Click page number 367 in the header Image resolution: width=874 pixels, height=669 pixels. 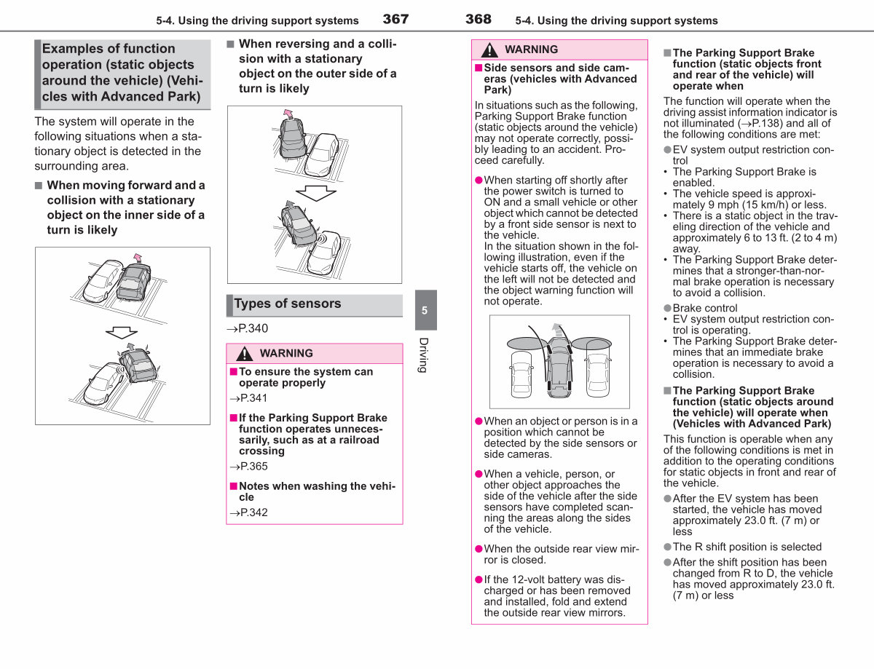[395, 19]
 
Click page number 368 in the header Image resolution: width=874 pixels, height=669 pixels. [479, 19]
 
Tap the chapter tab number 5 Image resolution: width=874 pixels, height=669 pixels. [425, 310]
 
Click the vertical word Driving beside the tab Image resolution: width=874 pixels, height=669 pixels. [424, 355]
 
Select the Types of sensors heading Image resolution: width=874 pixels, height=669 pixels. [287, 304]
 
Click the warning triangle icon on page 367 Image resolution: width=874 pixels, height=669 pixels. [244, 354]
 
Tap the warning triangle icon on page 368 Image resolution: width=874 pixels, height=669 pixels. [489, 50]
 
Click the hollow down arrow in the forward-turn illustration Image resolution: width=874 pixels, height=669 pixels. [122, 332]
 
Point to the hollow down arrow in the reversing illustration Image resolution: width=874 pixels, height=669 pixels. [316, 193]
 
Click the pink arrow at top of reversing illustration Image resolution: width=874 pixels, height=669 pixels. [288, 114]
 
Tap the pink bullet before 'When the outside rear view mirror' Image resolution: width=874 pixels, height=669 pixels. [479, 550]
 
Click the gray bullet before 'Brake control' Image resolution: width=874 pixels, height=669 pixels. [668, 308]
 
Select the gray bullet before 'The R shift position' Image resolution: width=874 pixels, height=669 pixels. [668, 547]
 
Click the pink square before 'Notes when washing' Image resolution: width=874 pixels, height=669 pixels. [233, 486]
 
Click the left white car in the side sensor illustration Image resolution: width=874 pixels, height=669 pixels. [521, 374]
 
